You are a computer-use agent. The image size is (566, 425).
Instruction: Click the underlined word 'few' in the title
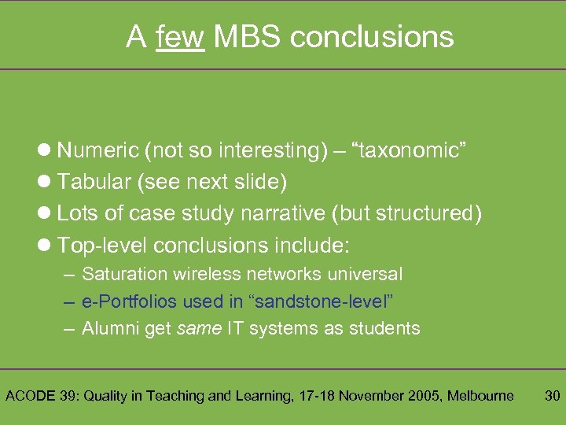[x=180, y=36]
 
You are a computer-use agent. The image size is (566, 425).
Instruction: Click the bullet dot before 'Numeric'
[x=44, y=150]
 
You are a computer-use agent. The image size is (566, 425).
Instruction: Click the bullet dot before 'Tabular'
[x=44, y=182]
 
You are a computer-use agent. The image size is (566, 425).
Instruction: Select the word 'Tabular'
[x=94, y=182]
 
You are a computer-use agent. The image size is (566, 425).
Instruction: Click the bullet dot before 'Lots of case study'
[x=44, y=214]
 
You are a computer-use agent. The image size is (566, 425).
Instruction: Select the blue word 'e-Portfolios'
[x=130, y=301]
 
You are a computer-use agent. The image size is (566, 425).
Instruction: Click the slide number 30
[x=553, y=396]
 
